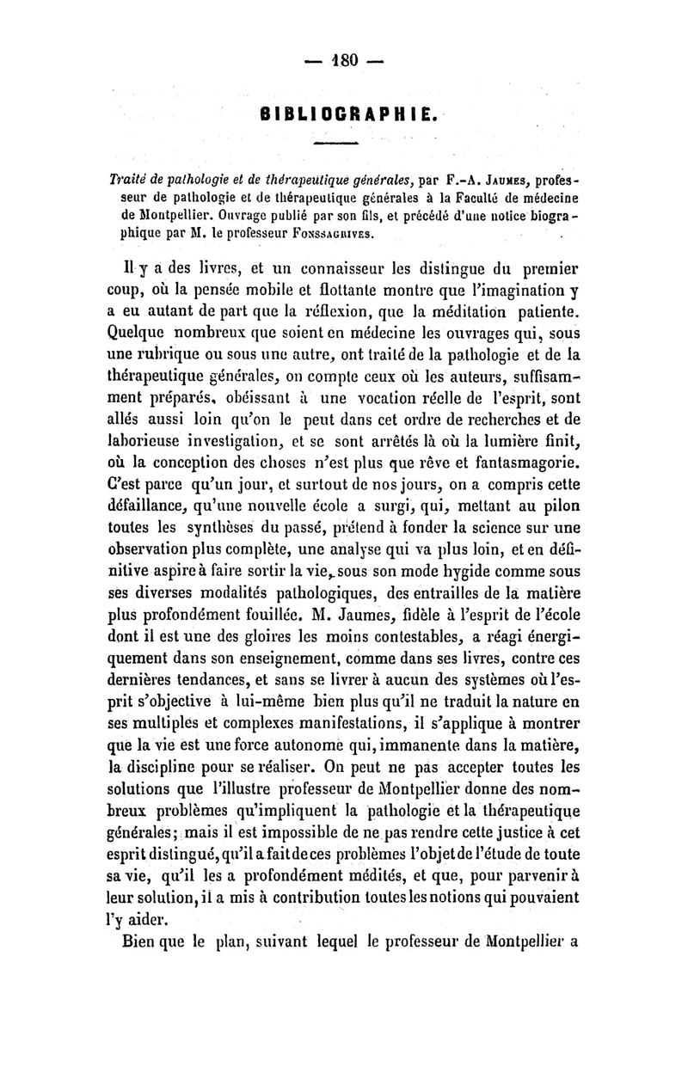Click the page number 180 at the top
[x=349, y=61]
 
